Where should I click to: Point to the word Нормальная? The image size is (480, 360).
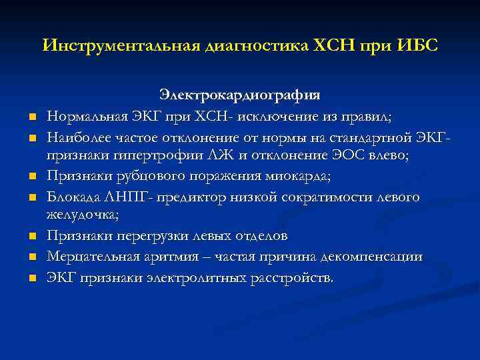click(85, 116)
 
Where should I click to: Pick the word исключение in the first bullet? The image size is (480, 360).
click(289, 116)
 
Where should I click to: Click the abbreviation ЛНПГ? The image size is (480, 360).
click(125, 197)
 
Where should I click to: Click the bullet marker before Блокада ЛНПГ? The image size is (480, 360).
click(31, 198)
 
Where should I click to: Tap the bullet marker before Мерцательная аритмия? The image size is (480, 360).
click(31, 257)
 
